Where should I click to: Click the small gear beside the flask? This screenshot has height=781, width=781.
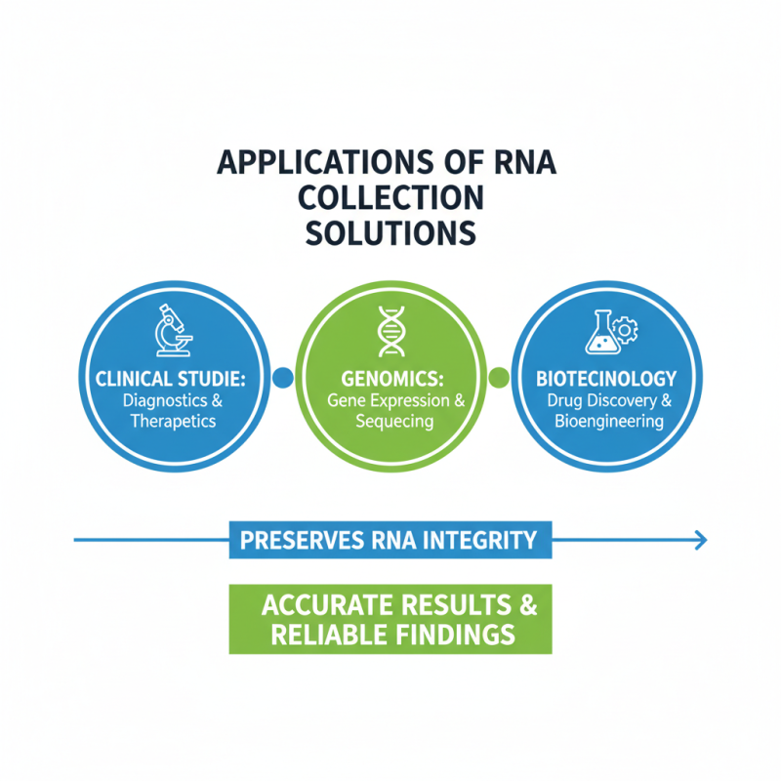[626, 330]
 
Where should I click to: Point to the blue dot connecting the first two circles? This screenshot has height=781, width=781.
[284, 377]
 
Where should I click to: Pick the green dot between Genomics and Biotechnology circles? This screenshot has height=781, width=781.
[498, 377]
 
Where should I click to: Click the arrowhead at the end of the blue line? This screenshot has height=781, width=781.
[699, 538]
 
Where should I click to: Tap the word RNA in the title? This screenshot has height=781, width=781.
[518, 161]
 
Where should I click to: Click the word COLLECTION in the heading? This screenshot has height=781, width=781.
[390, 197]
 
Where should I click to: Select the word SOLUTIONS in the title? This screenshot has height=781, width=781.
[390, 233]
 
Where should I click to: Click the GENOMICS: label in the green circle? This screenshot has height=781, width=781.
[390, 379]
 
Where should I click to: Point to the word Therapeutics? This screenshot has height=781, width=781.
[172, 422]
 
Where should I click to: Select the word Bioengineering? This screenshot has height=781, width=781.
[608, 422]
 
